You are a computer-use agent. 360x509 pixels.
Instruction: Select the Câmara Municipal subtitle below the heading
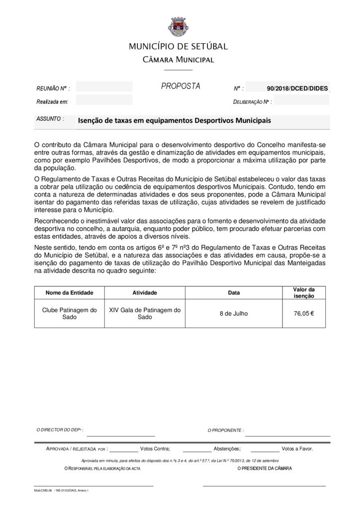(178, 60)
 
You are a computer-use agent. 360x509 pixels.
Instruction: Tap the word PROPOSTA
(180, 86)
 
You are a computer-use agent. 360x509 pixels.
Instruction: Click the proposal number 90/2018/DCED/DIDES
(297, 88)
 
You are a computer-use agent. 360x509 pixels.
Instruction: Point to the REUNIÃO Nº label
(53, 88)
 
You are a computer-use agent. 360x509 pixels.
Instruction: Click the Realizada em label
(52, 101)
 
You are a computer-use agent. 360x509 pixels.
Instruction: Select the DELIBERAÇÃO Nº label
(252, 102)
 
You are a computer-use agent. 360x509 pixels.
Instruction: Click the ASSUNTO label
(50, 119)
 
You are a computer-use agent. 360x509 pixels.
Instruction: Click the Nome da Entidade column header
(69, 293)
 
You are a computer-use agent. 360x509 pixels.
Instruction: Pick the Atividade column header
(145, 293)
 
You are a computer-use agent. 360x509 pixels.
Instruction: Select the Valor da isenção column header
(304, 293)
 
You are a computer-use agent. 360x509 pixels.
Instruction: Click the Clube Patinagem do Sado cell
(69, 313)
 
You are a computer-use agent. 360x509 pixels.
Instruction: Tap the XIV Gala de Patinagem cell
(145, 313)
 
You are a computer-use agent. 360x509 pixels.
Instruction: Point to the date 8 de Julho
(233, 313)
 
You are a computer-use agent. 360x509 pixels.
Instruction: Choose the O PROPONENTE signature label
(225, 430)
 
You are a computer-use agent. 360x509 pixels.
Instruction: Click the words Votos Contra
(155, 448)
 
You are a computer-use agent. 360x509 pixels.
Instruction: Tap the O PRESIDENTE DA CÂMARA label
(265, 469)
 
